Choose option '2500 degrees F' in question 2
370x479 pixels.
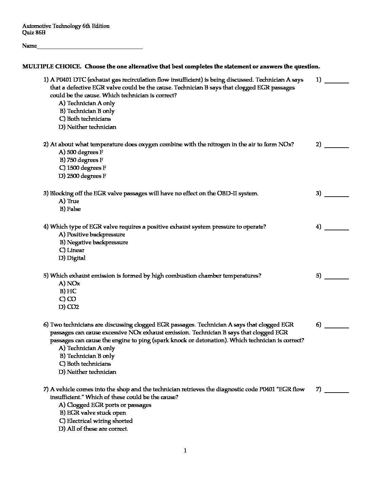[x=86, y=176]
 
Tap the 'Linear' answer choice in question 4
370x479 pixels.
[x=75, y=250]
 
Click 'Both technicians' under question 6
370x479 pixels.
[x=88, y=364]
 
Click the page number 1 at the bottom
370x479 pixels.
[x=185, y=451]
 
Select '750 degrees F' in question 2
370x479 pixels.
[x=85, y=160]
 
